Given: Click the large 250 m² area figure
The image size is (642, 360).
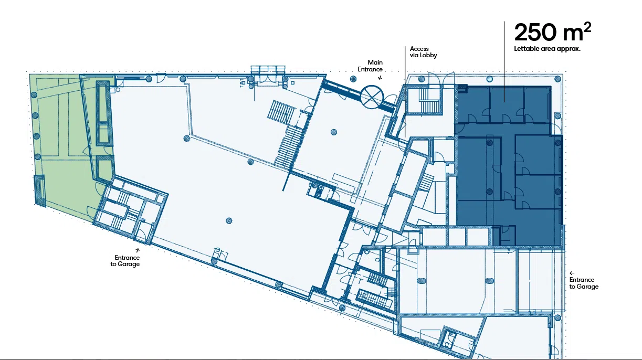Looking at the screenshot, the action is point(553,32).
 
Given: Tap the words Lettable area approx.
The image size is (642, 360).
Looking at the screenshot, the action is point(547,49).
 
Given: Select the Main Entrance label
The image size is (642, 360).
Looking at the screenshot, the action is point(370,66).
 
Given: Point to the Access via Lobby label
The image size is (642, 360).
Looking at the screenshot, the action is point(423,52).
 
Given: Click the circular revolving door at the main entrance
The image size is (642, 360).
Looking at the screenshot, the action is point(372,97).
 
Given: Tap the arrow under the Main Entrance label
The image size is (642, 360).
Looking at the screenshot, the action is point(380,77).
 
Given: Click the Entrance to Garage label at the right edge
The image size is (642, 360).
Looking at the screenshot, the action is point(584,283).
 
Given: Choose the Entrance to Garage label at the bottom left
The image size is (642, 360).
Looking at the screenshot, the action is point(125,260).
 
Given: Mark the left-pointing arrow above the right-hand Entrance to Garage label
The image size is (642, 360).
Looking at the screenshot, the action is point(572,273).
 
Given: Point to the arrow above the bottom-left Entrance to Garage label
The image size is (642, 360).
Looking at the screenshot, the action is point(138,250).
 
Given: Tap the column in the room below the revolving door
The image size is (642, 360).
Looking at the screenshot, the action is point(334,132).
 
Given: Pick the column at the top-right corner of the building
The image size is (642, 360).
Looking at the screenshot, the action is point(557,79).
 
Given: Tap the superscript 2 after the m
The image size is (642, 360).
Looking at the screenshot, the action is point(587,27).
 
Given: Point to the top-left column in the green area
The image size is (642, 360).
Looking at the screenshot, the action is point(34,95).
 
